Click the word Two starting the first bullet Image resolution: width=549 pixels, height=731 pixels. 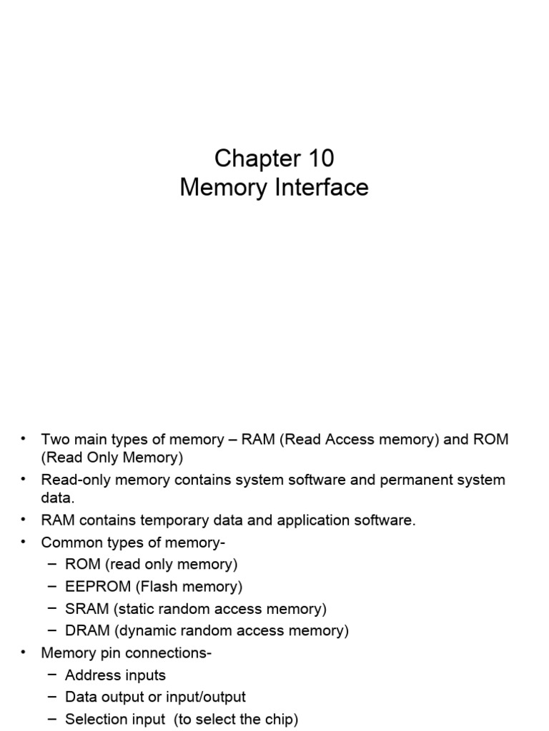pyautogui.click(x=54, y=439)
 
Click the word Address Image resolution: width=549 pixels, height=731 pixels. pyautogui.click(x=91, y=675)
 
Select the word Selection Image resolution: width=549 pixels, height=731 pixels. pyautogui.click(x=94, y=720)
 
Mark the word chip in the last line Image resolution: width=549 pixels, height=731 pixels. pyautogui.click(x=278, y=720)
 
